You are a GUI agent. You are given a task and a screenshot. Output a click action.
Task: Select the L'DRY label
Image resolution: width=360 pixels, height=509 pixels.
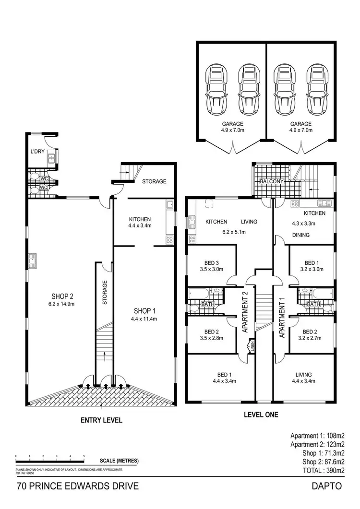pyautogui.click(x=37, y=155)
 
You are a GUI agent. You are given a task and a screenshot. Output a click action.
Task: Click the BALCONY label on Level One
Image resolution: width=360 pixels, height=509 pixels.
pyautogui.click(x=272, y=182)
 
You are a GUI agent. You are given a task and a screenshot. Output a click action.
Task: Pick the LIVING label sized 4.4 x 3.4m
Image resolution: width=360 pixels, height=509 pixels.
pyautogui.click(x=303, y=375)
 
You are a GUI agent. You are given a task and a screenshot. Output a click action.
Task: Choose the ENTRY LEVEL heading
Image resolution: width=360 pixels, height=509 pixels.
pyautogui.click(x=101, y=420)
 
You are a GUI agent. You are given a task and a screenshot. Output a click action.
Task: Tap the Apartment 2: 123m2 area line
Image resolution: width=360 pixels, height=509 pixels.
pyautogui.click(x=318, y=445)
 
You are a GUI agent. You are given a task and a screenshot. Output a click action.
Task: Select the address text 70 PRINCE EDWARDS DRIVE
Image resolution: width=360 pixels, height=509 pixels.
pyautogui.click(x=78, y=486)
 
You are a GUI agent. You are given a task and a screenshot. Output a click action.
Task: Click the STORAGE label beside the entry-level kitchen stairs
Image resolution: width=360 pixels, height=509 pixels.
pyautogui.click(x=154, y=181)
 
